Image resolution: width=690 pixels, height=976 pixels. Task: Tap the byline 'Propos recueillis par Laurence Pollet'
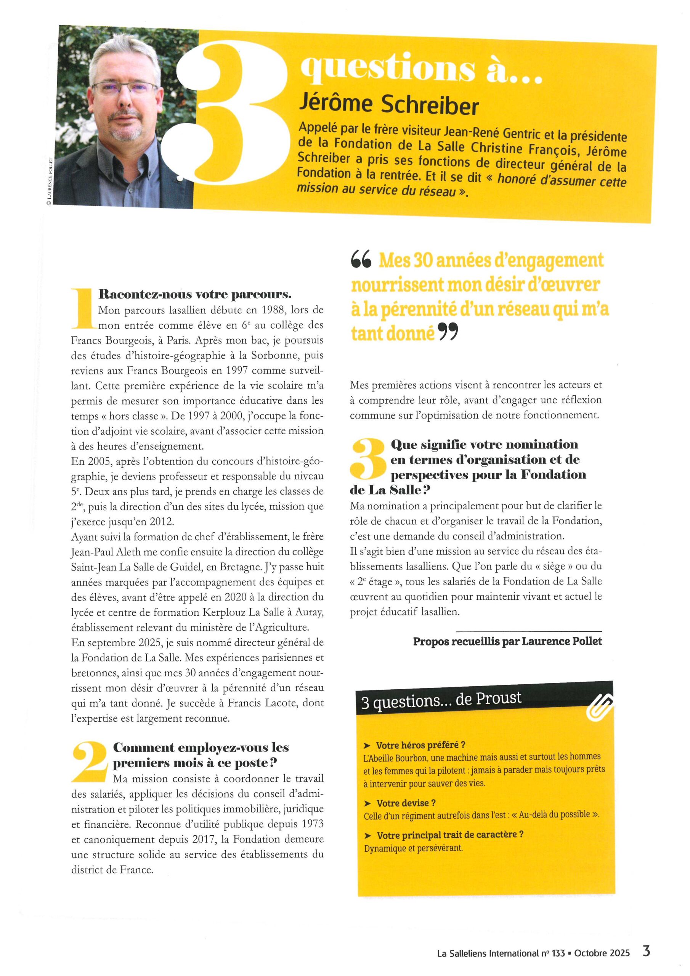507,642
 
